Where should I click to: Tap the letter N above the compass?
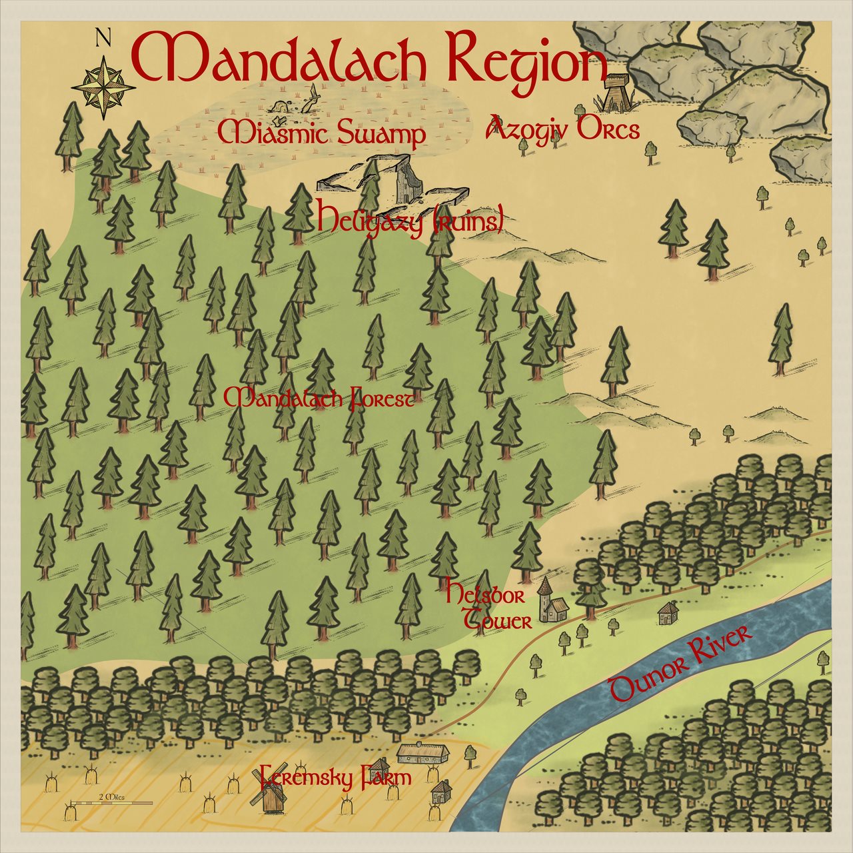click(103, 39)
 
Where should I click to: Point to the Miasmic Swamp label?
click(322, 134)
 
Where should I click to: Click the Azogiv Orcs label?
click(564, 129)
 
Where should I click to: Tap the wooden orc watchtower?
click(613, 93)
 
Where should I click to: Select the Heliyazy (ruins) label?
click(409, 220)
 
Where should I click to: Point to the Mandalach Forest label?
click(319, 400)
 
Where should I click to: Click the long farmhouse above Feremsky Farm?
click(423, 753)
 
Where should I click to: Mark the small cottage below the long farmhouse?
click(441, 792)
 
